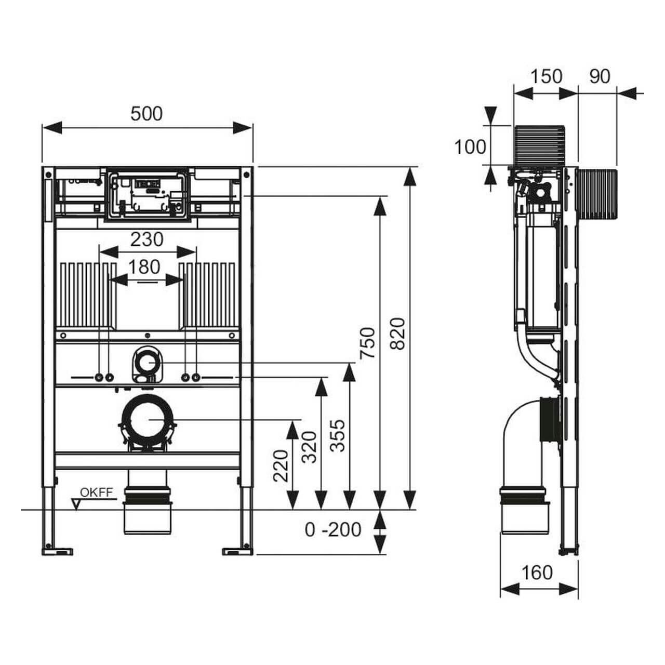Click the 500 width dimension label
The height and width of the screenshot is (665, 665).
pos(147,114)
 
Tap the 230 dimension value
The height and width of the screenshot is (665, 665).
pos(147,240)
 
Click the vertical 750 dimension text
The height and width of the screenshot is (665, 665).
pos(368,342)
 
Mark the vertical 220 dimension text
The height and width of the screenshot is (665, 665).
pos(281,465)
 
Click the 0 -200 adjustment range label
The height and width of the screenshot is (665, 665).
pos(333,529)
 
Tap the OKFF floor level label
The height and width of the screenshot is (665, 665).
pos(96,493)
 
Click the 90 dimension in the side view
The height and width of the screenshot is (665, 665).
pos(600,76)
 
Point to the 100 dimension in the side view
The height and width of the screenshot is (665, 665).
pos(470,147)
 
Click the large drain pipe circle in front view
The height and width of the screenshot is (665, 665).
pos(148,419)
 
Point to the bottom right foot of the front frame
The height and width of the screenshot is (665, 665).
pos(238,550)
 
